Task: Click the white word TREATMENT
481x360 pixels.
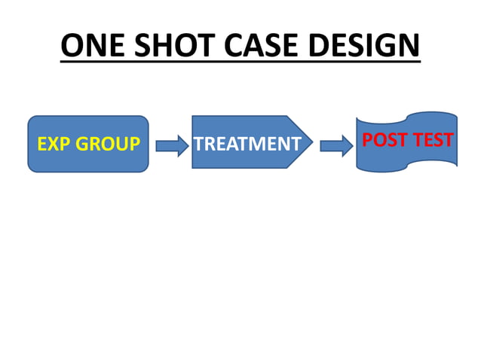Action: point(247,143)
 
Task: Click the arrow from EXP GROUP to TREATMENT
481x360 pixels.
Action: point(172,144)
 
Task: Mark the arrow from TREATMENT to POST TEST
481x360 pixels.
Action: point(336,144)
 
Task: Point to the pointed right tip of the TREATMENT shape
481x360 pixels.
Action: point(311,142)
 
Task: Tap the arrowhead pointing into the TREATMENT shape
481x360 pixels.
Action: point(183,144)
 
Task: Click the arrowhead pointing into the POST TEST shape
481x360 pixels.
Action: point(348,144)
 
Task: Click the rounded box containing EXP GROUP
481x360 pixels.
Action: point(87,160)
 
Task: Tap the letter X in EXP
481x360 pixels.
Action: point(54,143)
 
